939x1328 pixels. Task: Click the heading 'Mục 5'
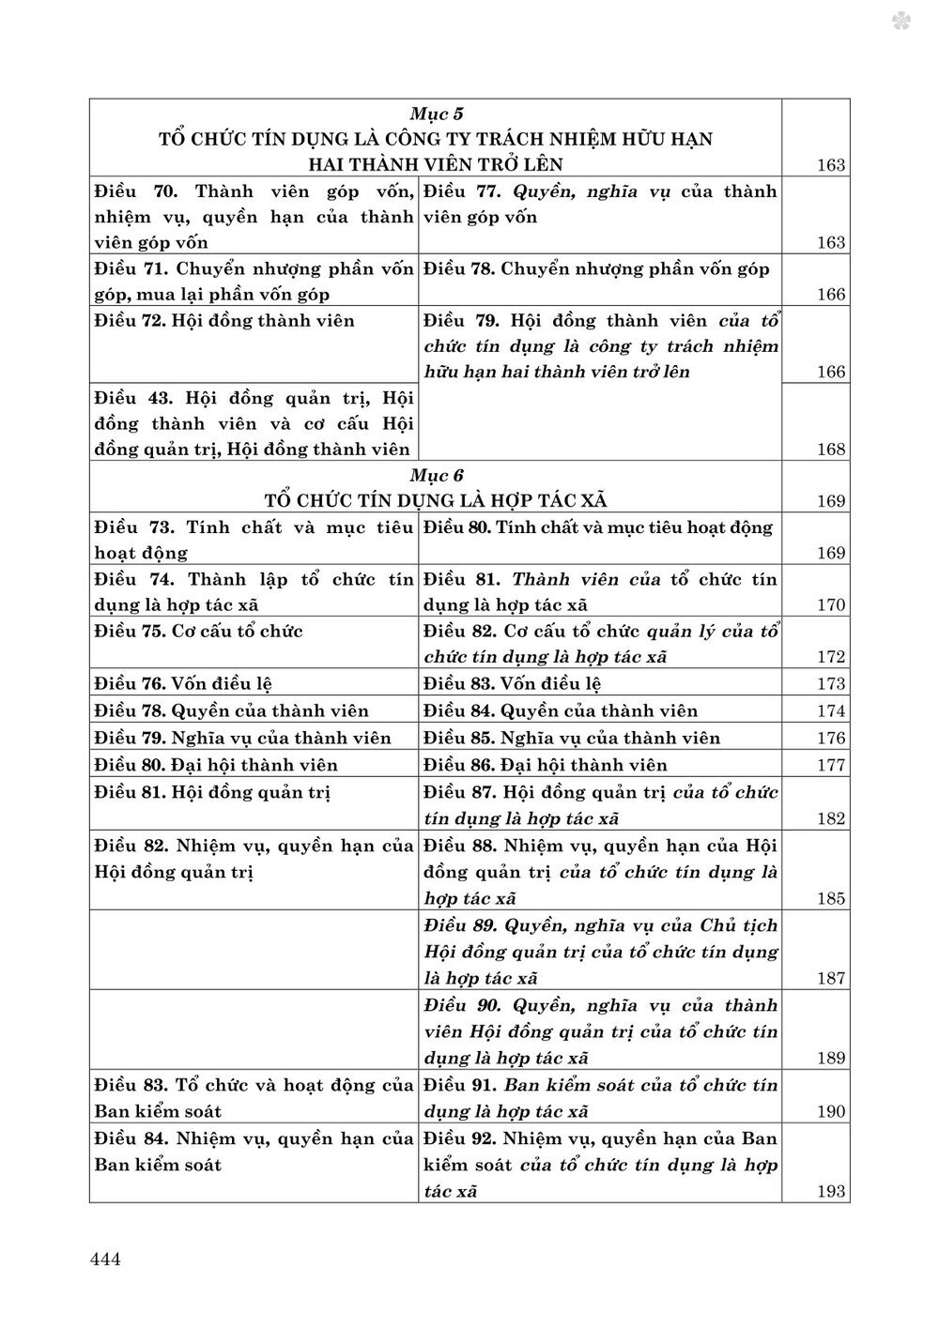tap(438, 114)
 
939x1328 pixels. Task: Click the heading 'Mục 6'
tap(438, 475)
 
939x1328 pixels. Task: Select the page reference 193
tap(831, 1192)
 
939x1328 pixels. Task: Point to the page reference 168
tap(831, 450)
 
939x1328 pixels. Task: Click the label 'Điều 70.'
tap(136, 191)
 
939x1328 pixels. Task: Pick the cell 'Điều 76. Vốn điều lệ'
tap(184, 684)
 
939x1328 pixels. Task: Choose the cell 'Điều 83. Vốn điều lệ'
tap(513, 684)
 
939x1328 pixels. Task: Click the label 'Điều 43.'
tap(136, 397)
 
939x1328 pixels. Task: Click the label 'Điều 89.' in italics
tap(460, 925)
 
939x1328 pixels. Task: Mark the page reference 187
tap(831, 979)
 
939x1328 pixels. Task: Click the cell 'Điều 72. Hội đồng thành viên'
tap(225, 321)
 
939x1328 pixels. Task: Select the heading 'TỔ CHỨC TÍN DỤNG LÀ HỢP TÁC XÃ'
tap(438, 500)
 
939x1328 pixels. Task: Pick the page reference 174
tap(831, 711)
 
